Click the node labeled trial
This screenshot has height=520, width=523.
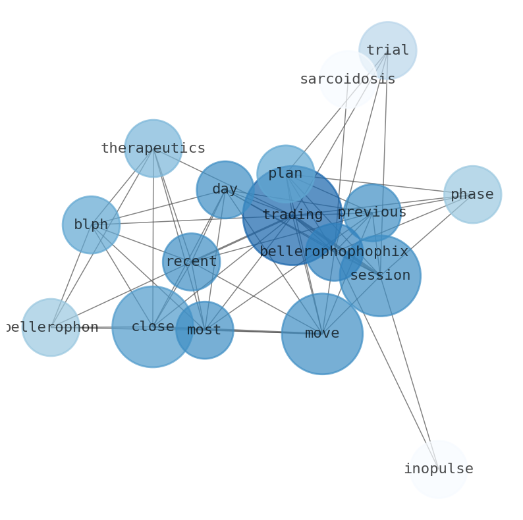pos(387,50)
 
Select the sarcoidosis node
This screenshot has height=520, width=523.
pos(348,79)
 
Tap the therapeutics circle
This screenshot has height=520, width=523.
pos(153,148)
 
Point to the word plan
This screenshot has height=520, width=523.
pos(285,174)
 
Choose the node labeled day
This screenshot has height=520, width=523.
pos(225,190)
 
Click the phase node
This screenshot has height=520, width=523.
pos(472,194)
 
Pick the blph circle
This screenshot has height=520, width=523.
pos(91,224)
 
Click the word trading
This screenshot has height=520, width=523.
pos(292,215)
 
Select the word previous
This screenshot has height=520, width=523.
pos(372,213)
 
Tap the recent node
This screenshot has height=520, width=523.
pos(191,261)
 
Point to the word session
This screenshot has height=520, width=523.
pos(380,275)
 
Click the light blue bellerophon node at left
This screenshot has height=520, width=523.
pos(51,327)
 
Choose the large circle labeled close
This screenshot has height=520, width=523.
pos(152,326)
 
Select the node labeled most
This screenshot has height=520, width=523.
pos(204,330)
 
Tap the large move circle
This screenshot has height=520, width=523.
pos(322,334)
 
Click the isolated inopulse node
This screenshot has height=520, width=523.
pos(438,469)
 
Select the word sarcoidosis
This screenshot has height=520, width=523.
pos(348,79)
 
